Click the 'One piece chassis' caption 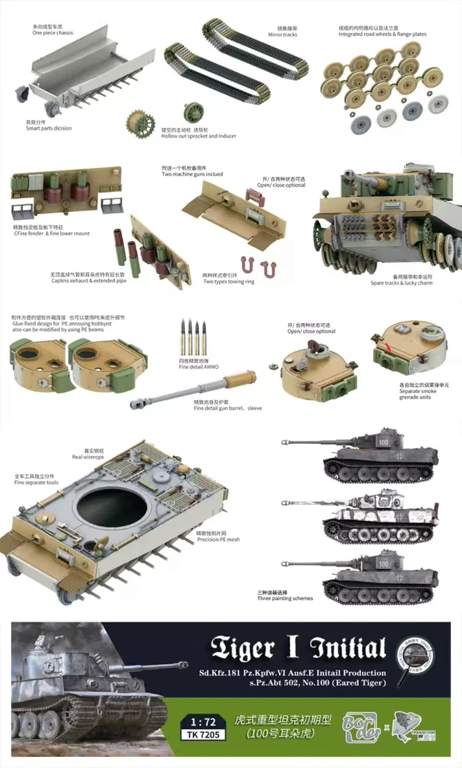click(x=52, y=34)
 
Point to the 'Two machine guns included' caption click(x=192, y=174)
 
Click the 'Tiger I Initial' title click(x=297, y=648)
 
